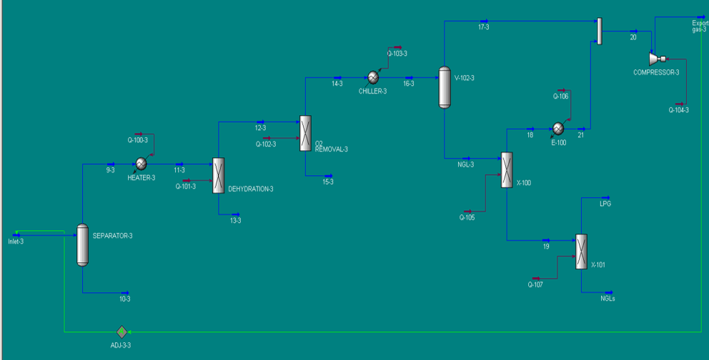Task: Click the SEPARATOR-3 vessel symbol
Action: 82,245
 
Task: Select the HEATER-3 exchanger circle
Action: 141,164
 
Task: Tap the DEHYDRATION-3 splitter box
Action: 219,176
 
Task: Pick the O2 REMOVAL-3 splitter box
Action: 305,133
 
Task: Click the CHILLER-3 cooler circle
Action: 372,77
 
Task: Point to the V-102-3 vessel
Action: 445,88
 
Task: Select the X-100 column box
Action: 507,169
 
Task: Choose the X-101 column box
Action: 581,251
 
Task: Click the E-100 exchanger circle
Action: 558,129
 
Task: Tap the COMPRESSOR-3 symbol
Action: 655,58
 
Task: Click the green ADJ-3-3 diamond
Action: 121,331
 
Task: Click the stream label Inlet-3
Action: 16,241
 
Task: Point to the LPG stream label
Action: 605,204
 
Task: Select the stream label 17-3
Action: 484,27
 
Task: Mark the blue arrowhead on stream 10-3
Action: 127,292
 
